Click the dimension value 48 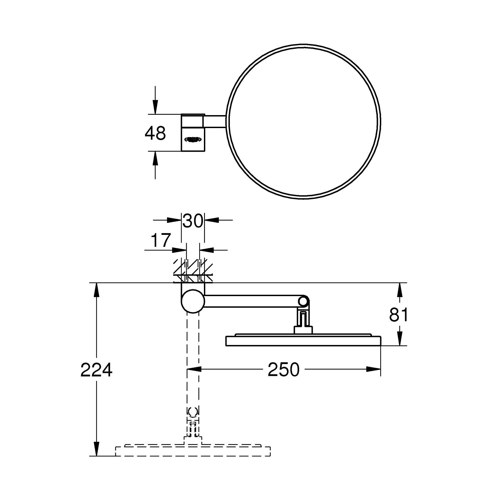tap(155, 133)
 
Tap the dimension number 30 tap(193, 221)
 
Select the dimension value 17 tap(161, 240)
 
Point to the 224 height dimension tap(96, 370)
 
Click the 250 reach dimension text tap(284, 370)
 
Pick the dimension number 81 tap(399, 315)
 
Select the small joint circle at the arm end tap(303, 301)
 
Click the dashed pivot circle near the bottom tap(193, 412)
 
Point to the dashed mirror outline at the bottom tap(193, 451)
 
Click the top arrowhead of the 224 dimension tap(96, 289)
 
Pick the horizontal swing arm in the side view tap(253, 301)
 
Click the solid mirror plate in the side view tap(303, 341)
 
